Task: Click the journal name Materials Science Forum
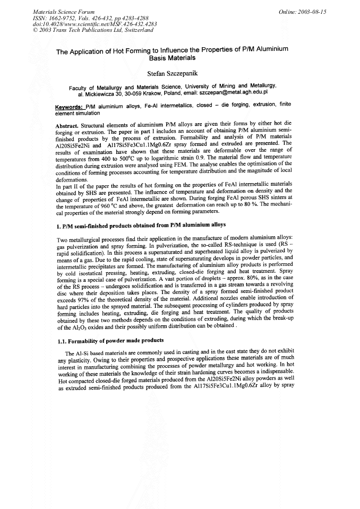57,11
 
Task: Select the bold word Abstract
66,126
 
